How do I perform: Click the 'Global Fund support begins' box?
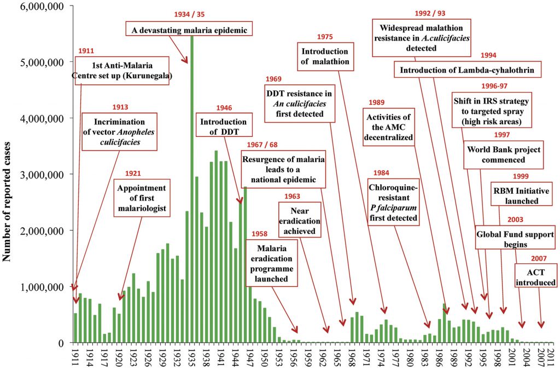pos(515,239)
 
